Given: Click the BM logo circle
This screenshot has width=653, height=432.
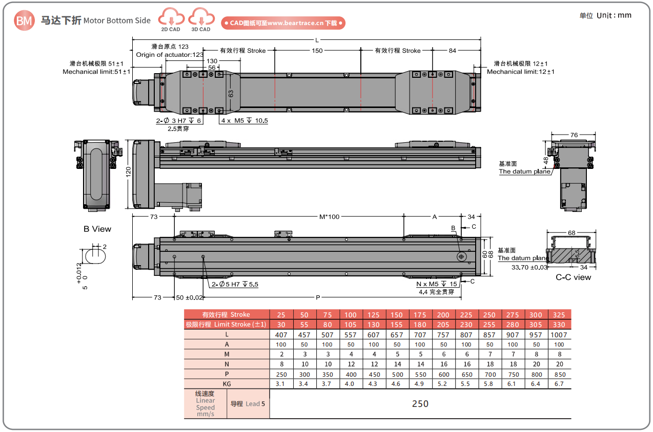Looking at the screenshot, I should point(24,20).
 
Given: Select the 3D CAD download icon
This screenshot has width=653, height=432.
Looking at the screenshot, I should point(201,19).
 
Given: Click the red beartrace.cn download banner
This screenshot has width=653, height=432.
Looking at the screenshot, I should point(283,23).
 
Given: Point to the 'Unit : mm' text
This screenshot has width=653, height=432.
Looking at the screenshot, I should point(614,15).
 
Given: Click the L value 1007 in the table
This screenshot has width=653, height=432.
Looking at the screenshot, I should point(559,335).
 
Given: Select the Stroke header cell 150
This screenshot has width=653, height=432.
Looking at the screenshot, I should point(397,315).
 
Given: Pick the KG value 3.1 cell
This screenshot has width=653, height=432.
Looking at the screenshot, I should point(281,384).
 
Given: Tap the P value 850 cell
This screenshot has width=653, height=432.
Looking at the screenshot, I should point(559,374).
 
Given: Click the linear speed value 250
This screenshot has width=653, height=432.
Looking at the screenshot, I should point(420,404).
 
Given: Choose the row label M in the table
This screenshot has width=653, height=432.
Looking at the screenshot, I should point(227,354).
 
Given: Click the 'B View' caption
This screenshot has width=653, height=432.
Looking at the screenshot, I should point(97,229).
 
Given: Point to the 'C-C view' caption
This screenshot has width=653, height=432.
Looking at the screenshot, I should point(573,277).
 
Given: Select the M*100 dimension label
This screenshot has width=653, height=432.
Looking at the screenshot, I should point(329,217).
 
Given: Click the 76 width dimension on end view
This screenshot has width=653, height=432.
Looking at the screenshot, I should point(574,135).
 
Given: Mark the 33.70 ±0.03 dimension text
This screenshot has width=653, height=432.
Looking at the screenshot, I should point(530,267).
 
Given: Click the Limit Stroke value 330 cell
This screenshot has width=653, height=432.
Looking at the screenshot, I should point(559,325).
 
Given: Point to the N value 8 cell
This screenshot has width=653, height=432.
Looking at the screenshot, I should point(281,364).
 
